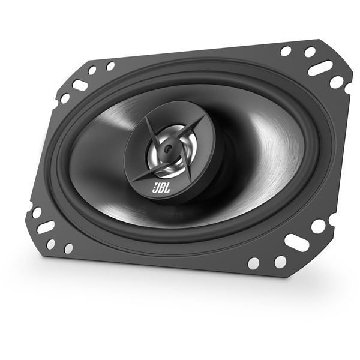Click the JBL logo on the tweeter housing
(161, 188)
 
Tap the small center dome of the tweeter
(168, 148)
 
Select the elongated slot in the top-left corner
(80, 84)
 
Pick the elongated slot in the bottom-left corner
(46, 227)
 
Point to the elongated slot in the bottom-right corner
(295, 242)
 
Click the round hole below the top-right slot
(337, 82)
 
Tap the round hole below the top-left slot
(65, 98)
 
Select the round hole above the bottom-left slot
(37, 212)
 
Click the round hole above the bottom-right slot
(319, 226)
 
